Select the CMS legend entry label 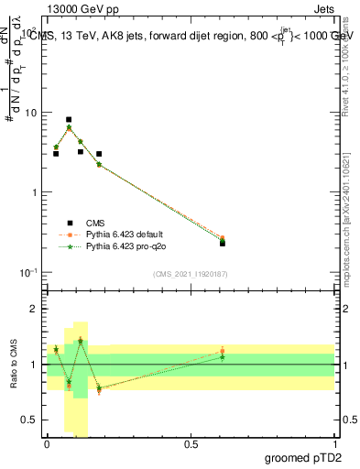pos(95,222)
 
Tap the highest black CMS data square pos(69,120)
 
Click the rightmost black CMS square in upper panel pos(223,243)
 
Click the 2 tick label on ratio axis pos(36,310)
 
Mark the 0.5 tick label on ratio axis pos(31,420)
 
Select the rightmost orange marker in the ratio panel pos(223,351)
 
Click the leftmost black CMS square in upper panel pos(56,153)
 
